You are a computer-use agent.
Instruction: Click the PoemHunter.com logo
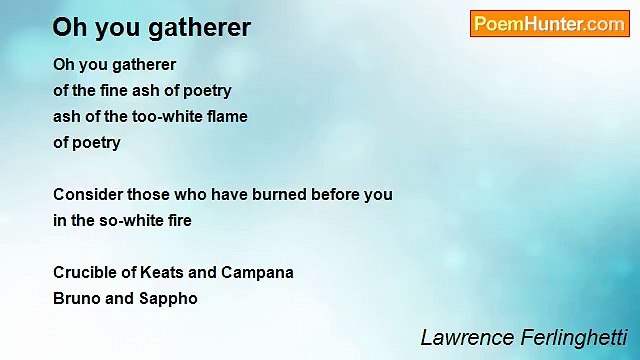[549, 24]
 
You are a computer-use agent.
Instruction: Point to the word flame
[225, 116]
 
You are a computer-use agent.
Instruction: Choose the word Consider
[86, 194]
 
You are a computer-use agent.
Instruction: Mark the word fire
[177, 220]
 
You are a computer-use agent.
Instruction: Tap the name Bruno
[76, 298]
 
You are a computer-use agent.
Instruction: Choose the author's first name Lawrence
[464, 337]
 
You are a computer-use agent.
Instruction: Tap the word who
[191, 194]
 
